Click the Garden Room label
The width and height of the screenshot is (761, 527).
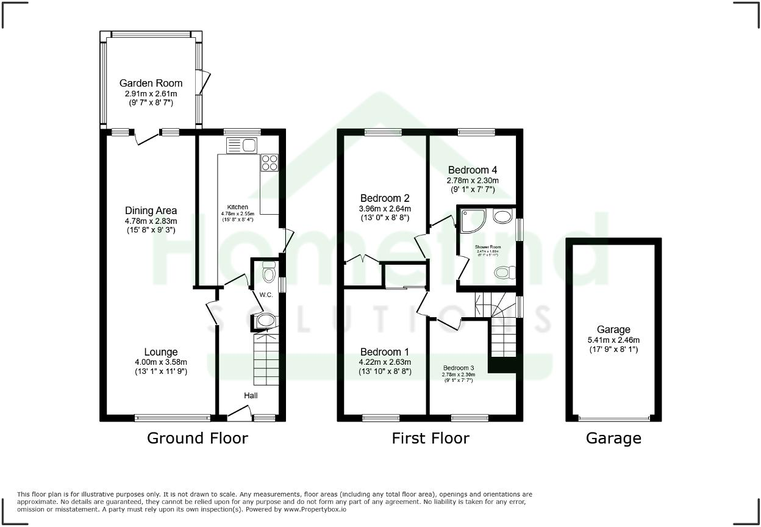[151, 83]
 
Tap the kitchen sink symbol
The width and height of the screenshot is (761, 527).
[243, 145]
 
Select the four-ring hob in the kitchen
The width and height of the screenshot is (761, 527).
[269, 162]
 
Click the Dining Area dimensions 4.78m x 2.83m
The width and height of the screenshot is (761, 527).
[151, 221]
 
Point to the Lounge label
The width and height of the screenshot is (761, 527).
[161, 352]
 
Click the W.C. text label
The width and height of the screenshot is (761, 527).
[266, 295]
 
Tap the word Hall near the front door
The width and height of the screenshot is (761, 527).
[251, 396]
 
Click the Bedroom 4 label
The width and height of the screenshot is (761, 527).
[473, 170]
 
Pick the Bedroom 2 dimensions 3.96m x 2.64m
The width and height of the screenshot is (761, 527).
[385, 208]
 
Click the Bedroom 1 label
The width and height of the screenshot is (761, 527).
[385, 352]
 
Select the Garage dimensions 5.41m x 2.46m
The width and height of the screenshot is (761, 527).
[613, 340]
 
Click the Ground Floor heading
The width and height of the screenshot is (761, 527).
[198, 438]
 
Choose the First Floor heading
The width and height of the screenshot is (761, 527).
[431, 438]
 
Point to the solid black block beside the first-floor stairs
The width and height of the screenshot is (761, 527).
[503, 365]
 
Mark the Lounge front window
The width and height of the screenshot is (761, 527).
[173, 418]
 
